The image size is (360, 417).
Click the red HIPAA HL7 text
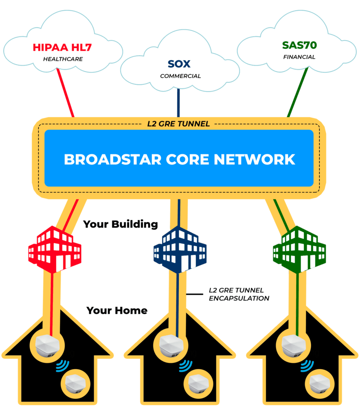pyautogui.click(x=63, y=48)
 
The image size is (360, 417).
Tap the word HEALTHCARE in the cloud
pyautogui.click(x=63, y=59)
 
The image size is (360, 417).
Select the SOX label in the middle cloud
pyautogui.click(x=179, y=64)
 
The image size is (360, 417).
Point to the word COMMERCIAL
pyautogui.click(x=180, y=76)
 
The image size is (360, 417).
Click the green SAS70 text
pyautogui.click(x=299, y=45)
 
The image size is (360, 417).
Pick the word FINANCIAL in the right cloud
pyautogui.click(x=299, y=57)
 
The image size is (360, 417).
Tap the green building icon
pyautogui.click(x=299, y=249)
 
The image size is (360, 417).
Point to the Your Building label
pyautogui.click(x=121, y=224)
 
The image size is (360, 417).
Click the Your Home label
pyautogui.click(x=117, y=311)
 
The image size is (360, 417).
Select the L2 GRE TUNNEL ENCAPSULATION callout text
pyautogui.click(x=239, y=294)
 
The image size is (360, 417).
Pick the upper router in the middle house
pyautogui.click(x=168, y=345)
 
